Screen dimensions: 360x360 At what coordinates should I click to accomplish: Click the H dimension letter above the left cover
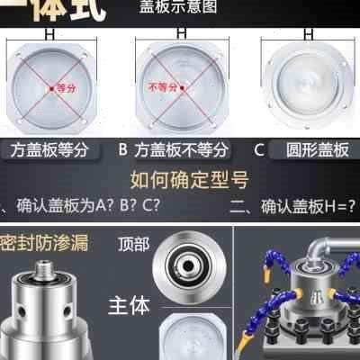(59, 31)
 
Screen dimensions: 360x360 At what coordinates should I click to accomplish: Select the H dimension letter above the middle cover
(181, 31)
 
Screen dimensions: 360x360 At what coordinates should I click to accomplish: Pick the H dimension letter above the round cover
(306, 31)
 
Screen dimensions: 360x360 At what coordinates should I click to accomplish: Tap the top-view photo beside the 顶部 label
(190, 265)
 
